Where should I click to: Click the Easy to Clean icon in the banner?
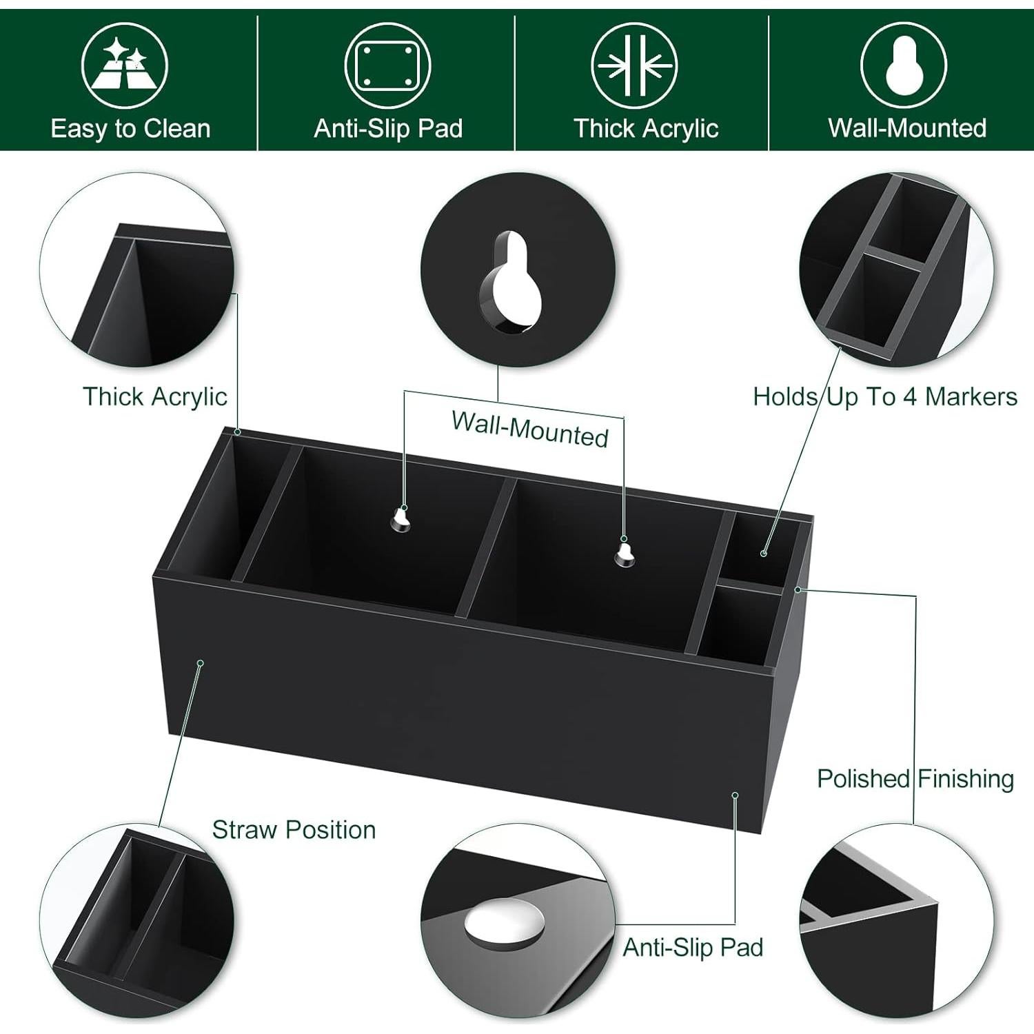(125, 65)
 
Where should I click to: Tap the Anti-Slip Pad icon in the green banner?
(387, 65)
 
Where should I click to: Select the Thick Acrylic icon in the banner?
(634, 65)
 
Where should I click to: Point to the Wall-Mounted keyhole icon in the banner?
(903, 65)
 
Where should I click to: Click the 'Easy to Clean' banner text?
(130, 129)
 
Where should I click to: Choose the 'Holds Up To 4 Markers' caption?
(884, 397)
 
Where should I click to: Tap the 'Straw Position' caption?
(294, 830)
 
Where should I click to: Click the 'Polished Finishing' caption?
(915, 779)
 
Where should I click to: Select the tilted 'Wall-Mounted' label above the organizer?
(529, 429)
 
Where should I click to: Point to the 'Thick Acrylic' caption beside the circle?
(154, 397)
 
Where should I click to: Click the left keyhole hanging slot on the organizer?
(401, 518)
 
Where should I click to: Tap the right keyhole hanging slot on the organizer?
(625, 551)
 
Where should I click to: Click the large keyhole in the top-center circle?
(512, 283)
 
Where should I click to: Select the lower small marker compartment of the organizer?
(741, 624)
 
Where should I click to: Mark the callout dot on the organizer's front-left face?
(201, 663)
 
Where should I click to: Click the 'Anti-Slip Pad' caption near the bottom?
(693, 948)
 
